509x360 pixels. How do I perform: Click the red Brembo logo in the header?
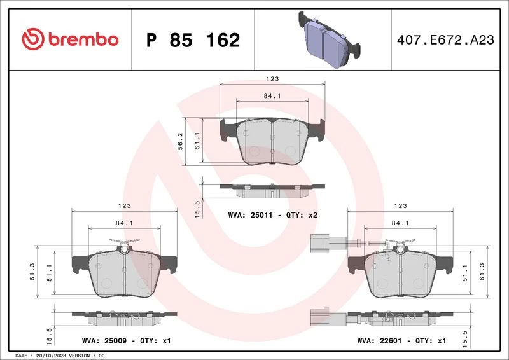tap(70, 39)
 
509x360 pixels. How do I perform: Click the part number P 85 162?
tap(193, 40)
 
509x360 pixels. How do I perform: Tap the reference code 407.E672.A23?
tap(445, 40)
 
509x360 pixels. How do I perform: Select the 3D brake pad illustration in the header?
tap(329, 39)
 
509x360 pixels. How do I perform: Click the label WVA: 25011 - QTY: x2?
tap(273, 215)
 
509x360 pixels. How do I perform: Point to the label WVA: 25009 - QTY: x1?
tap(126, 341)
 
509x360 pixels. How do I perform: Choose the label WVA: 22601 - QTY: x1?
tap(401, 341)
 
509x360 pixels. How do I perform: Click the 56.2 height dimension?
tap(181, 141)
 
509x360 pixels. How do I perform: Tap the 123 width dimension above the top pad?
tap(272, 79)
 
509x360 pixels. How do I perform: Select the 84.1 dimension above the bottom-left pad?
tap(124, 223)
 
